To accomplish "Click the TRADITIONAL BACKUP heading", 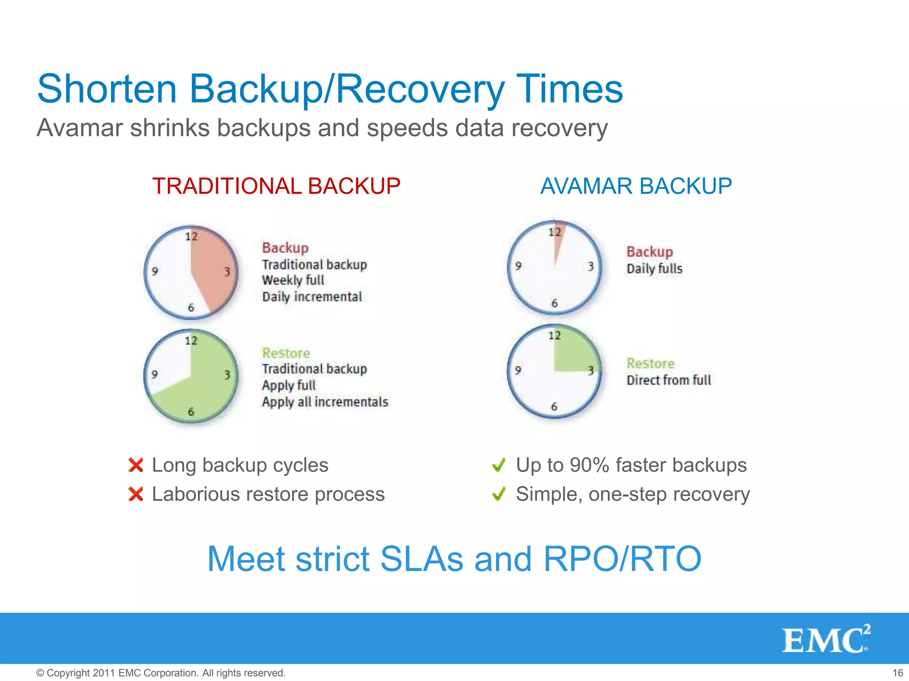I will tap(276, 186).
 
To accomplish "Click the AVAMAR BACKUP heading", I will tap(636, 186).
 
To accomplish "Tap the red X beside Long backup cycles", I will tap(136, 465).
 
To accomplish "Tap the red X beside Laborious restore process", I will tap(136, 494).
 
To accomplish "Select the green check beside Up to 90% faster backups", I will tap(499, 465).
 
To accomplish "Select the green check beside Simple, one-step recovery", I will tap(499, 494).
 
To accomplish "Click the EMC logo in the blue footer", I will tap(826, 639).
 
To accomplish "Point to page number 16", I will tap(897, 673).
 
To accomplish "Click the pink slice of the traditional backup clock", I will tap(213, 270).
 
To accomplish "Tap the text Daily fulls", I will tap(654, 269).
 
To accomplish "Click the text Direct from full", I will tap(668, 380).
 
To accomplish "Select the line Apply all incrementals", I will tap(325, 402).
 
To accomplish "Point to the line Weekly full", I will tap(293, 280).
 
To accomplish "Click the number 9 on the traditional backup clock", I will tap(155, 271).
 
